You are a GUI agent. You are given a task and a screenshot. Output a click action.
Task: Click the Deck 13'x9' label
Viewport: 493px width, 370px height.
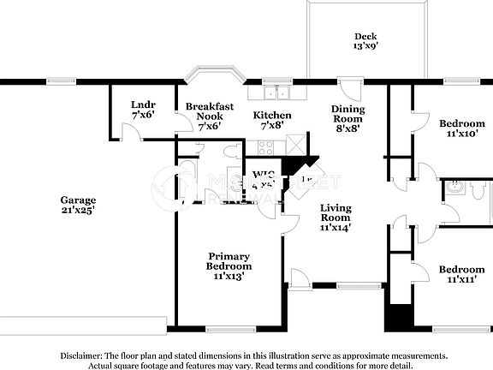pyautogui.click(x=365, y=42)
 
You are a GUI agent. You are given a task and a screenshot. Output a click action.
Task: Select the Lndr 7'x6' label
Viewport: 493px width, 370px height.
pyautogui.click(x=142, y=109)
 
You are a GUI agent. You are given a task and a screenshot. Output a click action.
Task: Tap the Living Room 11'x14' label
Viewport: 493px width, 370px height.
pyautogui.click(x=336, y=218)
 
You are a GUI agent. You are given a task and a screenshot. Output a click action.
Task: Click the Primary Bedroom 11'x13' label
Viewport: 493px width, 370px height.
pyautogui.click(x=229, y=266)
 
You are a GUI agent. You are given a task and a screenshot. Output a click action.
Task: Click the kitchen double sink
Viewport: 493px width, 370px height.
pyautogui.click(x=276, y=92)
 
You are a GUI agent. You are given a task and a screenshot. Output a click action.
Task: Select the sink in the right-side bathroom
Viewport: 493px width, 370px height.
pyautogui.click(x=455, y=188)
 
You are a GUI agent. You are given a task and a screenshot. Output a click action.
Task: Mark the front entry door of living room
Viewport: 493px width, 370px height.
pyautogui.click(x=300, y=278)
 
